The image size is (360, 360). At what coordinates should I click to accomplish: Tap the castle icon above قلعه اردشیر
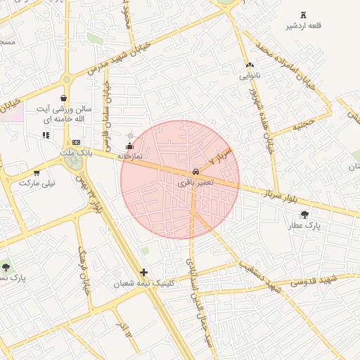304,15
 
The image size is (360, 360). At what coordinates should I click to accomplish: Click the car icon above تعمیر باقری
195,172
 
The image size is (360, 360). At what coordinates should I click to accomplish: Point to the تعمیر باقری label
193,183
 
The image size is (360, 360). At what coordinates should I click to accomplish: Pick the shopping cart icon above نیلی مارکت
37,172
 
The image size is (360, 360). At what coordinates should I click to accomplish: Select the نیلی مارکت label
37,183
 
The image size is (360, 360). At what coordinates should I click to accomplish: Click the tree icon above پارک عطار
304,214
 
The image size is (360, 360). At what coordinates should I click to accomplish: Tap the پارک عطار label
304,226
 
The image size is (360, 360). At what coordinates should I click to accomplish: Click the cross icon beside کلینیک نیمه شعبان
144,272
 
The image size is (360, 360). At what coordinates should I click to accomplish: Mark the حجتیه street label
303,126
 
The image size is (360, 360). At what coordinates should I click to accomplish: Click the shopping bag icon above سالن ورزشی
65,98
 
